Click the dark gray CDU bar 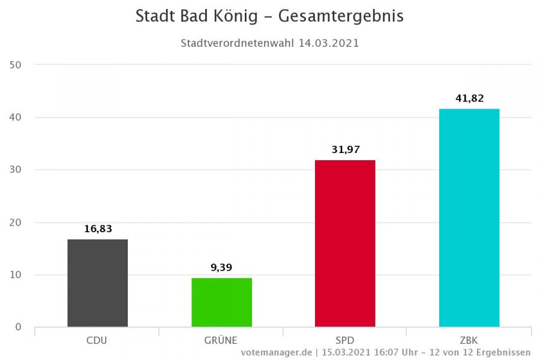click(x=97, y=283)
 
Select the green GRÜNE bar click(x=221, y=302)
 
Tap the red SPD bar click(x=345, y=244)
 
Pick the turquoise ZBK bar click(x=469, y=218)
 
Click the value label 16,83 click(x=98, y=229)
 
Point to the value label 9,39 click(x=222, y=268)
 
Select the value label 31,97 click(x=345, y=149)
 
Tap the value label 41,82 click(x=469, y=98)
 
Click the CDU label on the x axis click(x=97, y=340)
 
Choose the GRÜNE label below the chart click(x=221, y=340)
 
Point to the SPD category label click(x=345, y=340)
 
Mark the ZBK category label click(x=469, y=340)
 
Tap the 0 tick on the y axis click(x=18, y=327)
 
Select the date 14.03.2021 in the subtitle click(x=329, y=43)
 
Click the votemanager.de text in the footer click(x=278, y=352)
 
